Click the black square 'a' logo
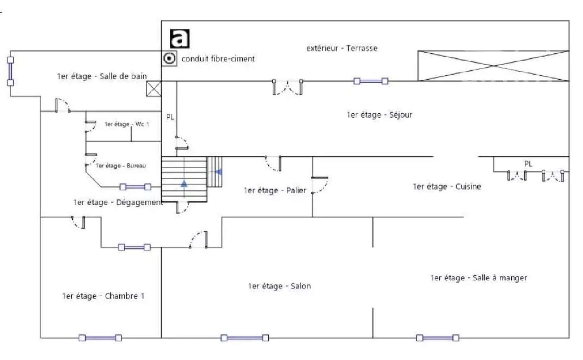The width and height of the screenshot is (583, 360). click(x=180, y=38)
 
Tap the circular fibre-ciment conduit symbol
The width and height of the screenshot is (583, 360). click(x=169, y=58)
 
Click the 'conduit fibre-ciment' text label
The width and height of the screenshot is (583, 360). click(x=218, y=59)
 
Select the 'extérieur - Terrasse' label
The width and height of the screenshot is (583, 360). click(x=342, y=48)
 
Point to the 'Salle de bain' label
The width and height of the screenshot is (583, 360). click(x=123, y=76)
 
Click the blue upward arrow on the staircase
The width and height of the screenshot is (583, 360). click(x=184, y=184)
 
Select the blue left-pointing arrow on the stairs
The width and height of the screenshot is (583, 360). click(x=218, y=172)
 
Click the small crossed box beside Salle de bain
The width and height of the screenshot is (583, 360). click(x=154, y=89)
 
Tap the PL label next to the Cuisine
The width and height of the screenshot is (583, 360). click(x=528, y=164)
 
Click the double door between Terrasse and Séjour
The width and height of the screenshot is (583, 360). click(x=287, y=87)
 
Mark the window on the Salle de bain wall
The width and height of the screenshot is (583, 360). click(x=10, y=71)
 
